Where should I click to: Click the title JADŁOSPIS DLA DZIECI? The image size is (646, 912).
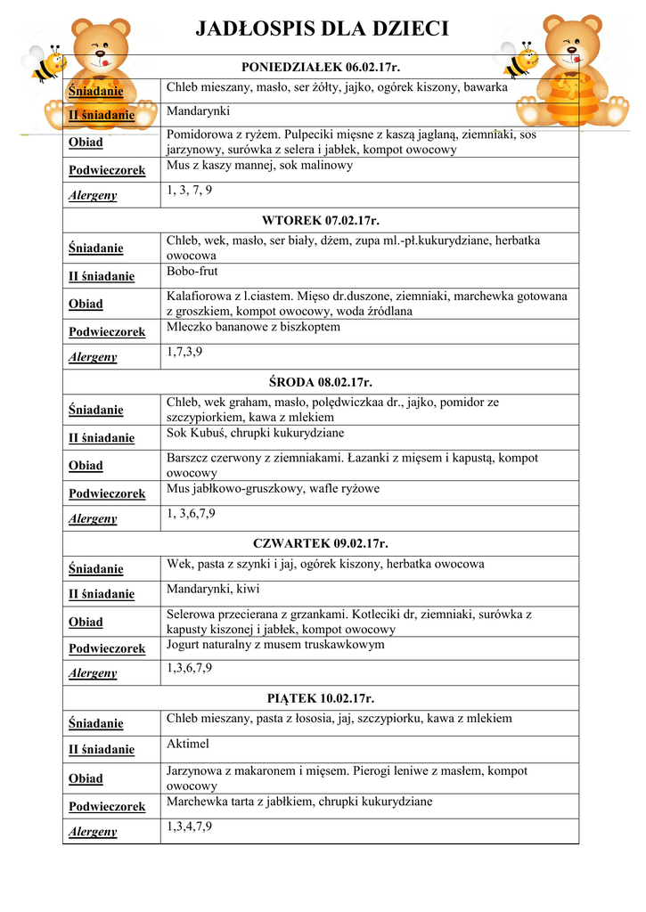point(322,29)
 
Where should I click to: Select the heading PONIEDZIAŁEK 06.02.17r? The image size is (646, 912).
point(321,67)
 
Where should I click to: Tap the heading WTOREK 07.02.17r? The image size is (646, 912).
point(321,220)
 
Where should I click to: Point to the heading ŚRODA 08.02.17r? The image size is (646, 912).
point(321,382)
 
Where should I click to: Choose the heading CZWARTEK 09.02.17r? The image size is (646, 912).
point(321,543)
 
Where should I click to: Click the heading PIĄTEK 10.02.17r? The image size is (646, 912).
point(321,698)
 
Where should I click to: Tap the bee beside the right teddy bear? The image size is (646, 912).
point(520,60)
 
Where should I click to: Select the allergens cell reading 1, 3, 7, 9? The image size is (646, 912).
point(189,191)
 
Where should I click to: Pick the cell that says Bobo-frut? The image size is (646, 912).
point(192,271)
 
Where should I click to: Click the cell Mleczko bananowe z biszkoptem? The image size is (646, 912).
point(253,327)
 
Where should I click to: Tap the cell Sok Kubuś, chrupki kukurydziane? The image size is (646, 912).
point(255,433)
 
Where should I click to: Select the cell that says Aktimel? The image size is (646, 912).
point(188,744)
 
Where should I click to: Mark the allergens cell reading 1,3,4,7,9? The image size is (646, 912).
point(189,826)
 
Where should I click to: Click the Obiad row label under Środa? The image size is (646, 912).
point(86,466)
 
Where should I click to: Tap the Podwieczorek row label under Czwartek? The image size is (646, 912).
point(107,649)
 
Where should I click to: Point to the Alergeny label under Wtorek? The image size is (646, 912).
point(93,357)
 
